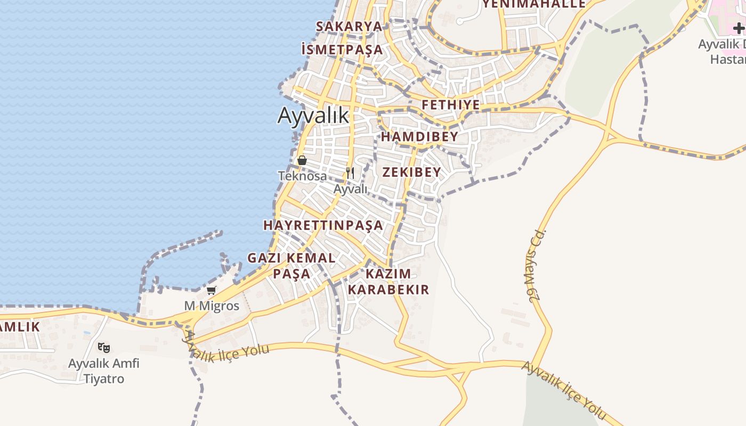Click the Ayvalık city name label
click(x=313, y=116)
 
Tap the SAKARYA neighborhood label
click(x=349, y=26)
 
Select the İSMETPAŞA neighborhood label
click(x=342, y=50)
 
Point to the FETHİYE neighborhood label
click(x=451, y=104)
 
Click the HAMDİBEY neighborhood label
click(x=419, y=136)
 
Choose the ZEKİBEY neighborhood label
click(x=412, y=171)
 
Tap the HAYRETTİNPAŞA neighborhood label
click(x=323, y=225)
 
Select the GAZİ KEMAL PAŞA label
click(x=291, y=266)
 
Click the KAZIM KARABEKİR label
click(x=388, y=282)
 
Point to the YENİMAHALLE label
click(x=534, y=4)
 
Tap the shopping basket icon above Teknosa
click(x=302, y=160)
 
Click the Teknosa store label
click(x=302, y=175)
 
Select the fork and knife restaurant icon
click(x=350, y=173)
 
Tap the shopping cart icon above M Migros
click(x=212, y=291)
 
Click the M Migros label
click(x=212, y=306)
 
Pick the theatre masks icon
click(x=104, y=348)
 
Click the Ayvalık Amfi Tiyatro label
click(x=104, y=371)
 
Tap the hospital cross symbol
click(x=739, y=28)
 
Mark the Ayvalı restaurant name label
click(x=351, y=189)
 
